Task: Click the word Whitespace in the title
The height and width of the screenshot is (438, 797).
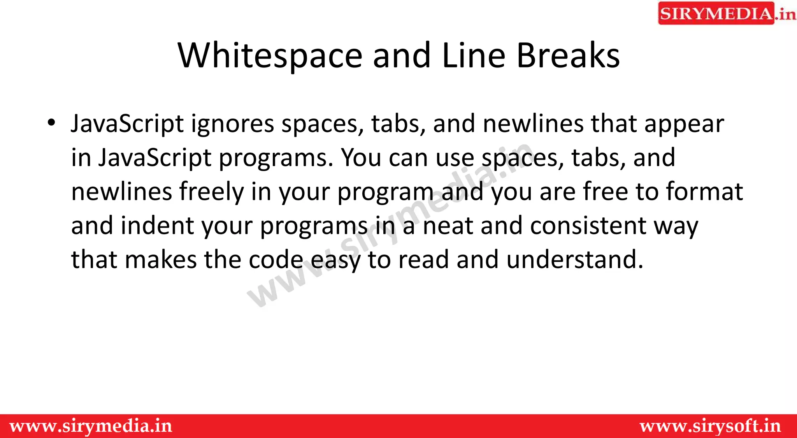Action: point(270,56)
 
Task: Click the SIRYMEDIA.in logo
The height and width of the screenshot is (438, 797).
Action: point(726,14)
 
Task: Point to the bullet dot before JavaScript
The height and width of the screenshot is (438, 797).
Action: point(51,123)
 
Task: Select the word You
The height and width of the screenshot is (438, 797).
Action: point(361,158)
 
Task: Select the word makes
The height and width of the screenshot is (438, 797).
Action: point(161,260)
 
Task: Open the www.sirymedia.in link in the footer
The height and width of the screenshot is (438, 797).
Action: point(91,426)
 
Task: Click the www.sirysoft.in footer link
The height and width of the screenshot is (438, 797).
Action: point(710,426)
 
